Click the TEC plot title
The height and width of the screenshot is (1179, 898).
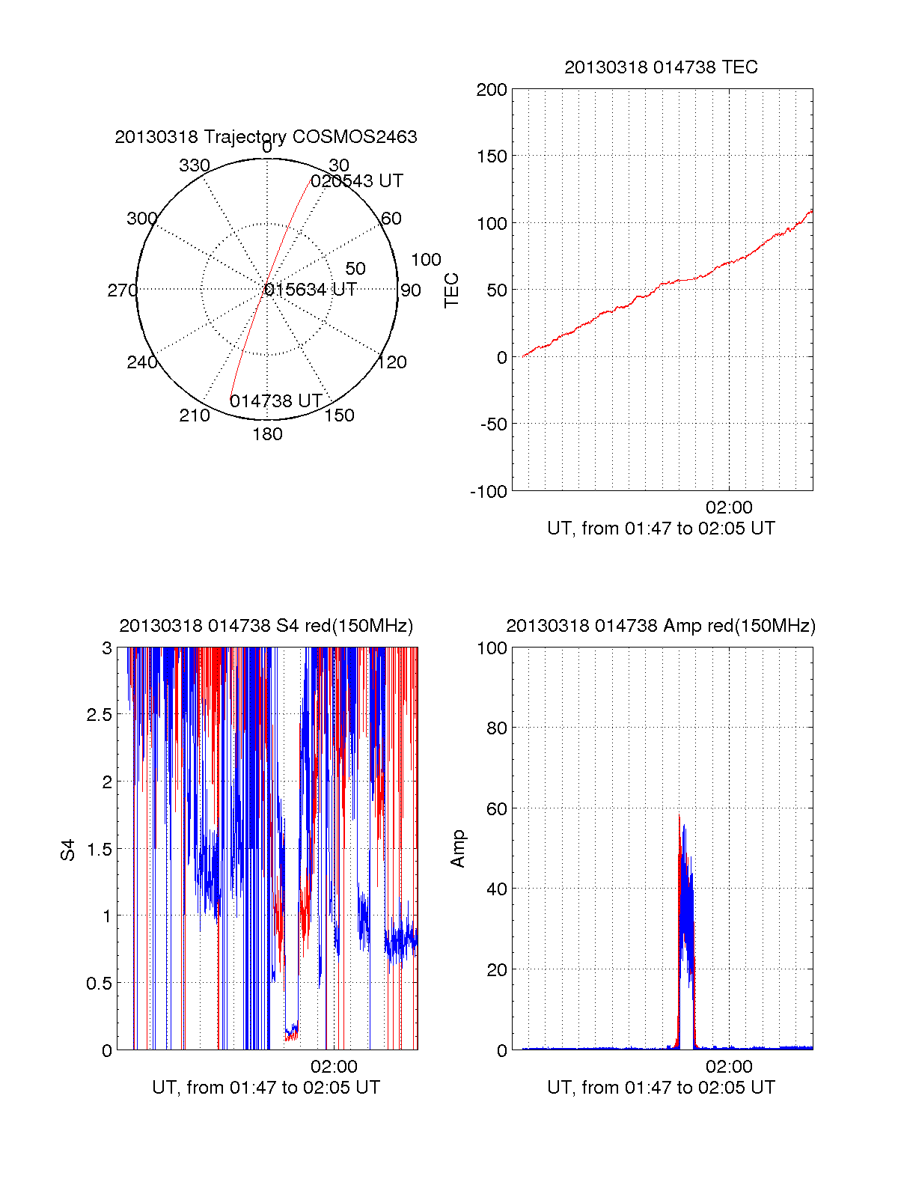click(661, 67)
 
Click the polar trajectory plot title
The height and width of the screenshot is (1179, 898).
click(266, 137)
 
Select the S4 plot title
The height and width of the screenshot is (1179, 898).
click(266, 626)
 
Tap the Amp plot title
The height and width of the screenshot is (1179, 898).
click(661, 626)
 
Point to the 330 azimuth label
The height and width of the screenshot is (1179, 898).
click(194, 165)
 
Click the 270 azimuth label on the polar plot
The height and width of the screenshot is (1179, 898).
click(122, 290)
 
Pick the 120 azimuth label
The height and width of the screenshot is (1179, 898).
click(392, 363)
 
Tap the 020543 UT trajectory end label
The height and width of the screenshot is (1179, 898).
click(357, 181)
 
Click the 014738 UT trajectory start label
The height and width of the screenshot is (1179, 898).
click(275, 401)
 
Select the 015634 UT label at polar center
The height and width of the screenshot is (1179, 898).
click(311, 290)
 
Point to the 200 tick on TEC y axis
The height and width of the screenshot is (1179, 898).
click(492, 90)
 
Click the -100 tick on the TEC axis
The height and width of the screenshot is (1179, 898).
click(489, 492)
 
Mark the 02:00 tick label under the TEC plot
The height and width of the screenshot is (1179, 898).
click(729, 508)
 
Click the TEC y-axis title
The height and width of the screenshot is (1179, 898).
click(451, 290)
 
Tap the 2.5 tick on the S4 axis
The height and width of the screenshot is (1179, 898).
click(100, 715)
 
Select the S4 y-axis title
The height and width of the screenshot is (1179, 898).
click(68, 850)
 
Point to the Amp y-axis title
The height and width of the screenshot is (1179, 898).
click(458, 849)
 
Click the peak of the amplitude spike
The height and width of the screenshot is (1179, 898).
click(679, 814)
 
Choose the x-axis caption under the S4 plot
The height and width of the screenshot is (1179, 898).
click(266, 1088)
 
